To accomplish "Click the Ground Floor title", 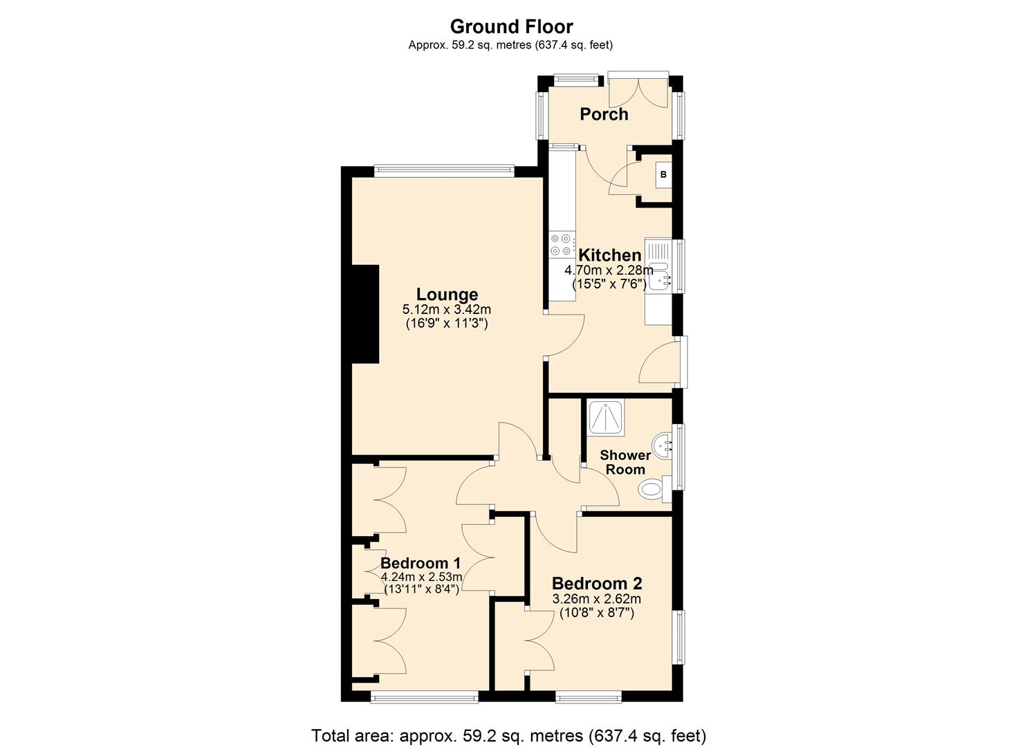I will pyautogui.click(x=511, y=26).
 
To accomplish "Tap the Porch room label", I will pyautogui.click(x=604, y=114).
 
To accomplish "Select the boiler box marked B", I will pyautogui.click(x=663, y=175).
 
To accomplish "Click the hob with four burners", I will pyautogui.click(x=561, y=244).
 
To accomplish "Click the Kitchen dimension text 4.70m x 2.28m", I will pyautogui.click(x=609, y=270).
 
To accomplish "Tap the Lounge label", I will pyautogui.click(x=447, y=295).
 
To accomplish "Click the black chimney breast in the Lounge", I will pyautogui.click(x=365, y=314).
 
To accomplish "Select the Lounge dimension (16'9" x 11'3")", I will pyautogui.click(x=447, y=322).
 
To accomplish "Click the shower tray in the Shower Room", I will pyautogui.click(x=605, y=417).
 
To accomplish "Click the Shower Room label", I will pyautogui.click(x=625, y=461).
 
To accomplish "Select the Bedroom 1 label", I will pyautogui.click(x=420, y=563).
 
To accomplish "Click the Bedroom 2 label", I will pyautogui.click(x=596, y=583).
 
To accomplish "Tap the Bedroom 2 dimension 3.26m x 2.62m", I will pyautogui.click(x=596, y=599).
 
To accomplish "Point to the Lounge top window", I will pyautogui.click(x=443, y=170).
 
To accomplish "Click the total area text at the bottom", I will pyautogui.click(x=508, y=735).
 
